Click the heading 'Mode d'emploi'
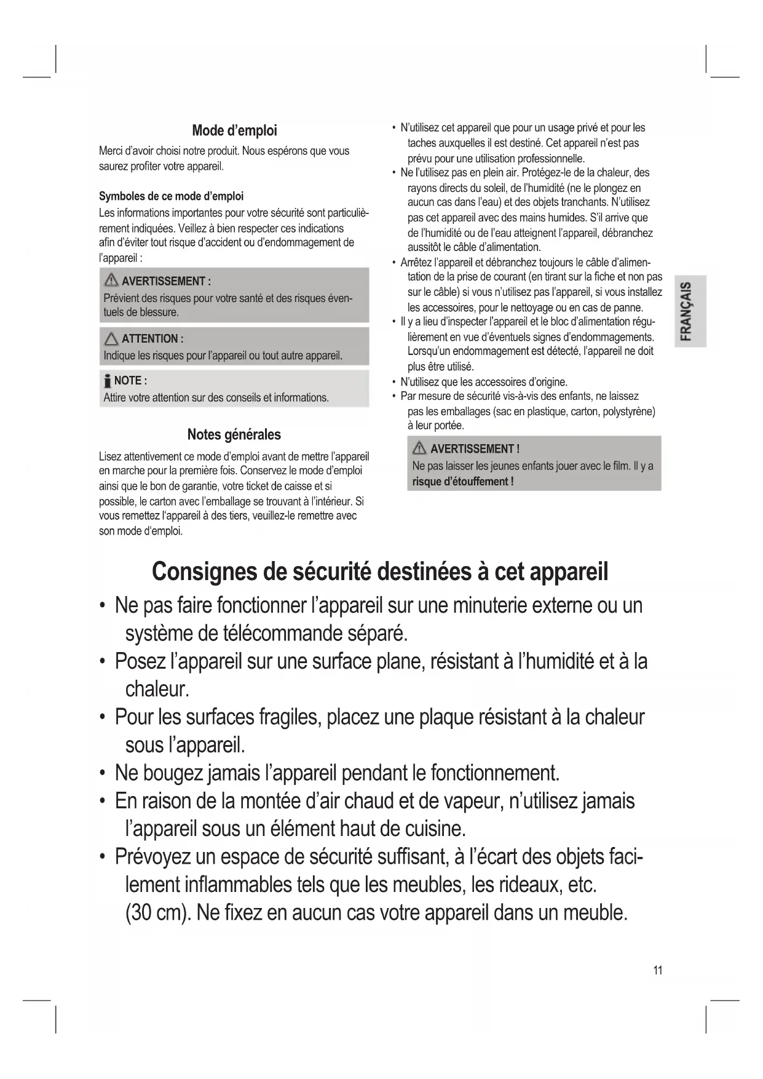click(x=234, y=130)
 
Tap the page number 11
click(x=658, y=970)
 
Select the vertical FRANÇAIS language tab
click(x=690, y=311)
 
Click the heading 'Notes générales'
click(x=234, y=434)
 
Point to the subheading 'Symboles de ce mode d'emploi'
click(x=171, y=196)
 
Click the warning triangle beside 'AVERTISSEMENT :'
click(x=111, y=281)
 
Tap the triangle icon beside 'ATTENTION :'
click(x=111, y=338)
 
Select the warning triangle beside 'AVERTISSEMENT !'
click(x=420, y=448)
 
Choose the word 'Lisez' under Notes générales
click(x=110, y=456)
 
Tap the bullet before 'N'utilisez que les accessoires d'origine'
click(x=393, y=382)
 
